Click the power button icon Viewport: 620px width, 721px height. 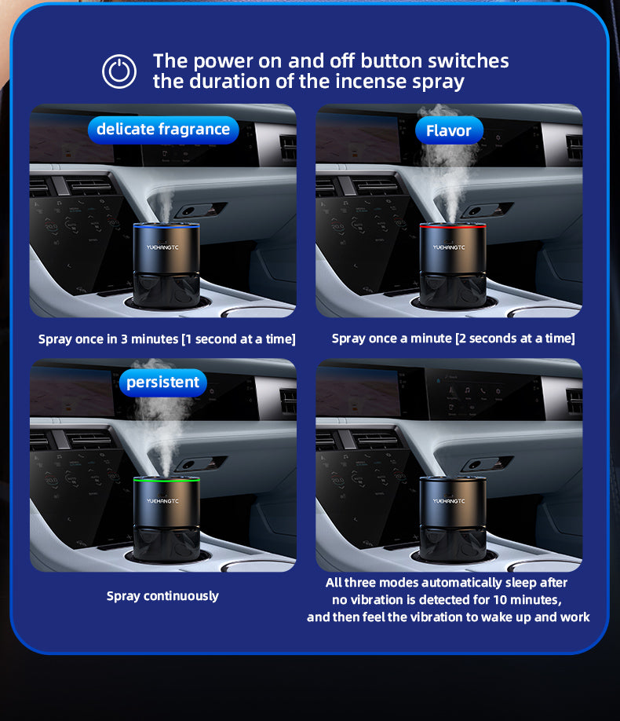coord(119,71)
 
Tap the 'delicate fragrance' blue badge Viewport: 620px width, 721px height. coord(163,130)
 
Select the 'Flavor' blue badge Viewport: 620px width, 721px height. coord(449,130)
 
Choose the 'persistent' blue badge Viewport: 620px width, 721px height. coord(162,382)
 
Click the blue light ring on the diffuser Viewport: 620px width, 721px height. coord(166,226)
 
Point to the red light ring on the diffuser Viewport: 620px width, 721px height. coord(453,226)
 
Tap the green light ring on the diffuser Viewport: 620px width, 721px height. coord(166,480)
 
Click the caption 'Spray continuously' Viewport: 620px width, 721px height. coord(162,596)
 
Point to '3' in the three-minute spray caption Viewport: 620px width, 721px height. coord(124,339)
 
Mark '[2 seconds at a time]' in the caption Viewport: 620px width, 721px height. coord(515,339)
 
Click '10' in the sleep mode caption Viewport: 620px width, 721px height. coord(500,599)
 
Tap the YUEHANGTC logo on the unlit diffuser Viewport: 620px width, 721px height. coord(449,501)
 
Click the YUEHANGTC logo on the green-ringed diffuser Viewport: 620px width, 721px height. coord(162,501)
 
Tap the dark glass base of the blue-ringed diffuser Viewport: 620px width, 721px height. coord(166,290)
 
